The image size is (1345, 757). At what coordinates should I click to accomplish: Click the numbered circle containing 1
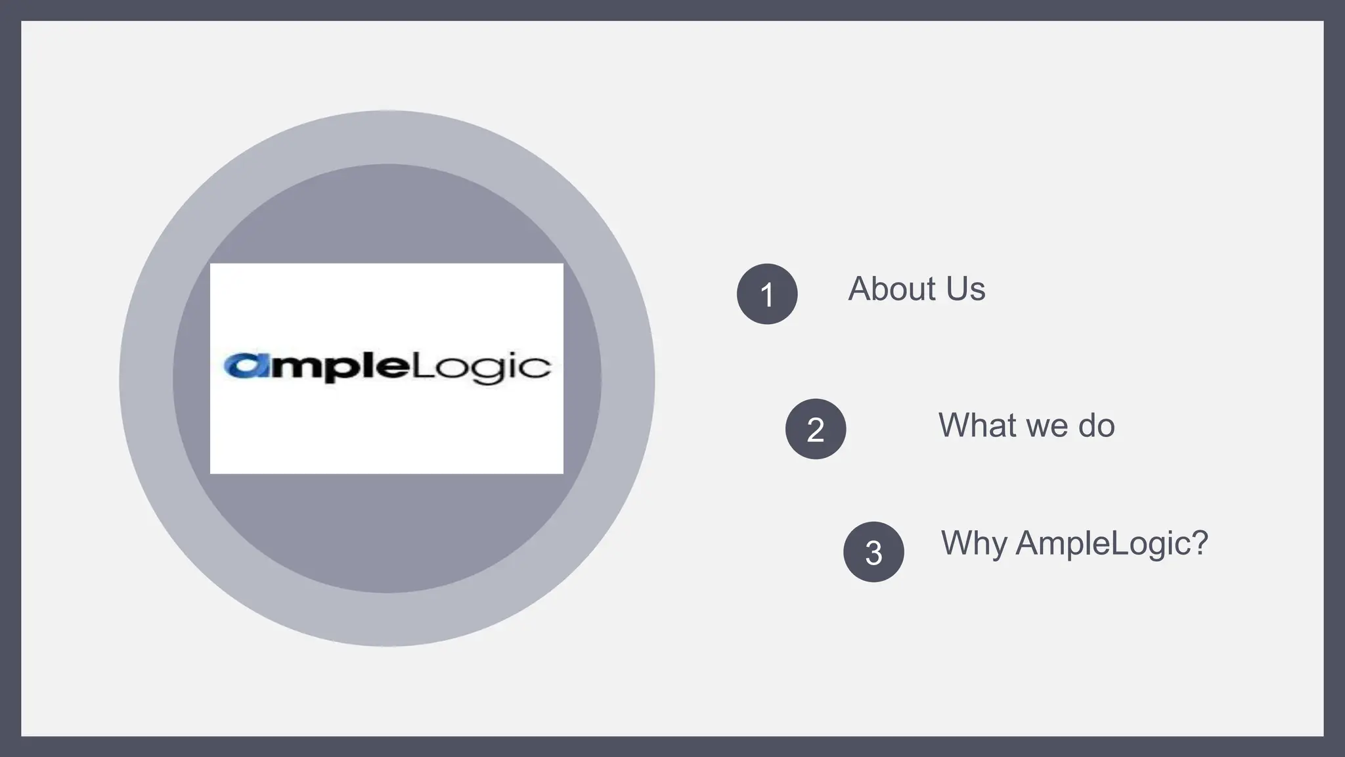[766, 294]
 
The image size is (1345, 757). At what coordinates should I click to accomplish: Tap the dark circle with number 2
[815, 429]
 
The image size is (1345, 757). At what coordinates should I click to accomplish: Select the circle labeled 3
[873, 552]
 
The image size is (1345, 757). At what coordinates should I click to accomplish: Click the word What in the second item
[976, 425]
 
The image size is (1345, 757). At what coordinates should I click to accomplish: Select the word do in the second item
[1097, 425]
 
